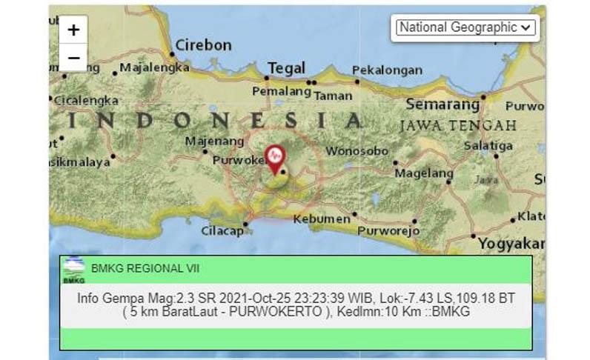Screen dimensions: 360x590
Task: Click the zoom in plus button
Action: point(73,30)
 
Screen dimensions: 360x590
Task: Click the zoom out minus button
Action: point(73,57)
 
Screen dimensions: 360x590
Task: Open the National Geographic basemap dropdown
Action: point(465,27)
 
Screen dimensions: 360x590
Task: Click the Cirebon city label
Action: point(203,45)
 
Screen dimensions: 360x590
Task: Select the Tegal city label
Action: point(286,68)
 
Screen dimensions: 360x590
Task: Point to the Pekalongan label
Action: point(385,70)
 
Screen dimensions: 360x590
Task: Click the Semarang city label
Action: point(442,104)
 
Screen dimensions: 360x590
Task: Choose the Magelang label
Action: point(423,173)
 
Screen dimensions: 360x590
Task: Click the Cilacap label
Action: point(222,231)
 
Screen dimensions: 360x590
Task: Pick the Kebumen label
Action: point(321,219)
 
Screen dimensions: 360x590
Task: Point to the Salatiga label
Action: point(488,146)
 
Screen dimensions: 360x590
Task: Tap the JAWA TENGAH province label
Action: point(458,125)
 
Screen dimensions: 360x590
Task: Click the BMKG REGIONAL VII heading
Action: point(145,269)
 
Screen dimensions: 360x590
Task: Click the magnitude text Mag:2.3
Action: point(165,298)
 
